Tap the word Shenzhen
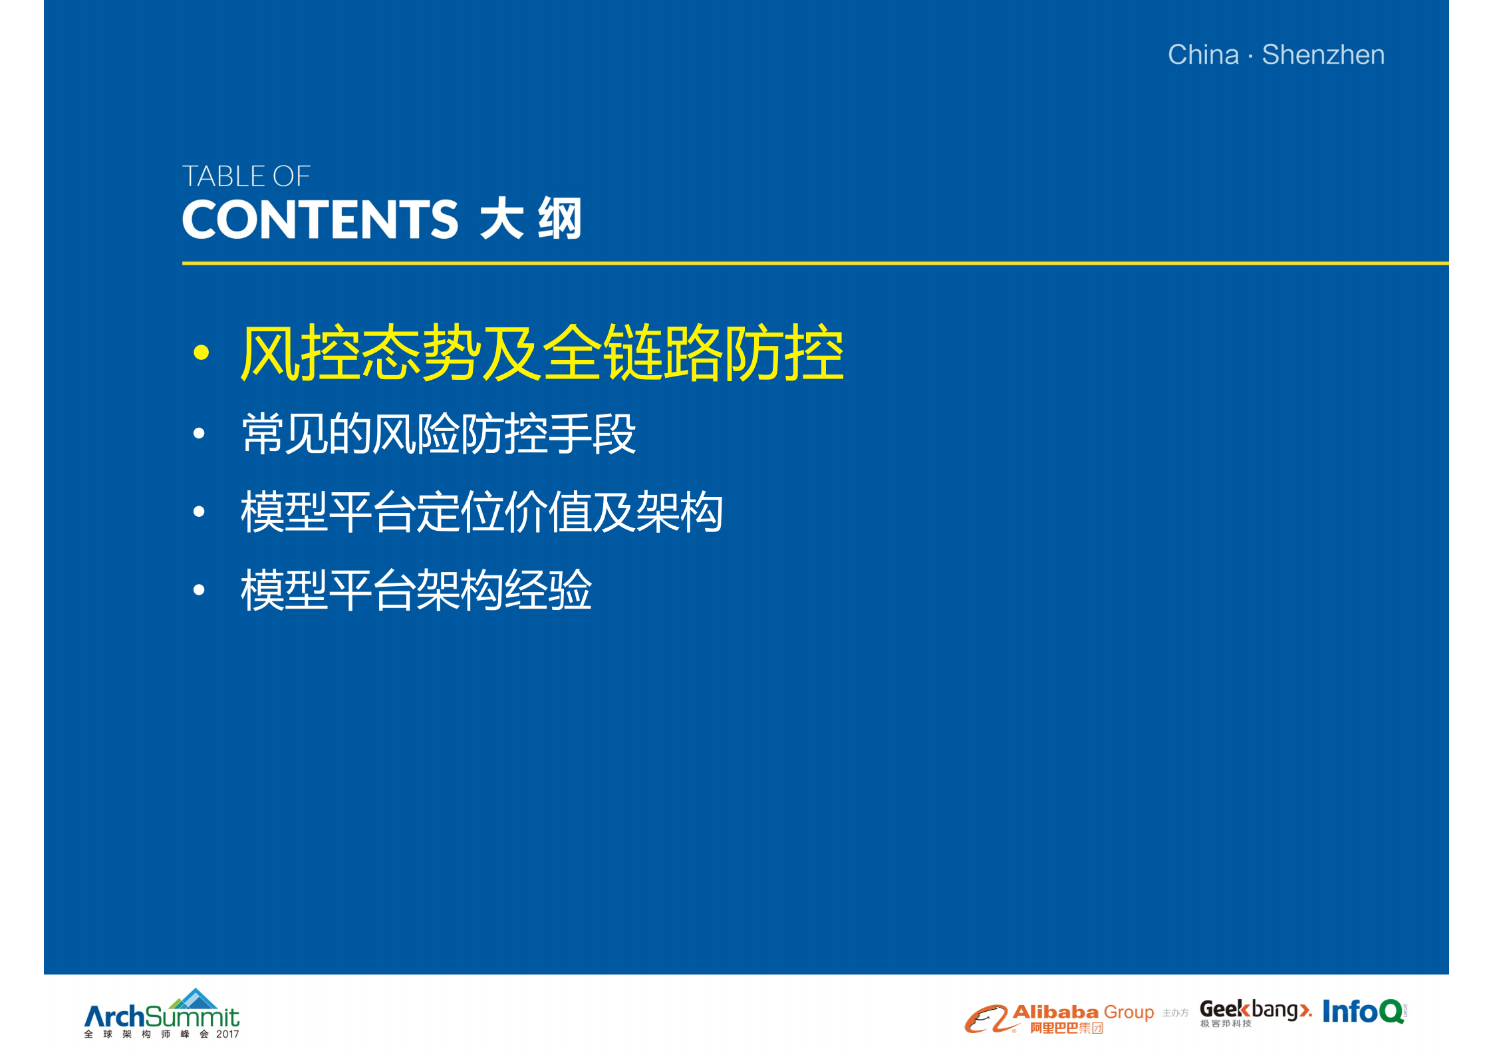click(1323, 55)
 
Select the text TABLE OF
click(246, 176)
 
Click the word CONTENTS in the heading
click(320, 220)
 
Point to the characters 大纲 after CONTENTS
click(531, 218)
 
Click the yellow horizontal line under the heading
click(798, 263)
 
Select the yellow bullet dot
click(201, 353)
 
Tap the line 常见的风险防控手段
click(439, 434)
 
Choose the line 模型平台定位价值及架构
click(482, 512)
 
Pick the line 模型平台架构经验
click(416, 589)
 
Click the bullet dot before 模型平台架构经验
click(199, 589)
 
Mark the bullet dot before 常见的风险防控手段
click(199, 434)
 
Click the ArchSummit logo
click(162, 1016)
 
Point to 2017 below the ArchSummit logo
click(227, 1034)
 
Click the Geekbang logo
click(1254, 1011)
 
